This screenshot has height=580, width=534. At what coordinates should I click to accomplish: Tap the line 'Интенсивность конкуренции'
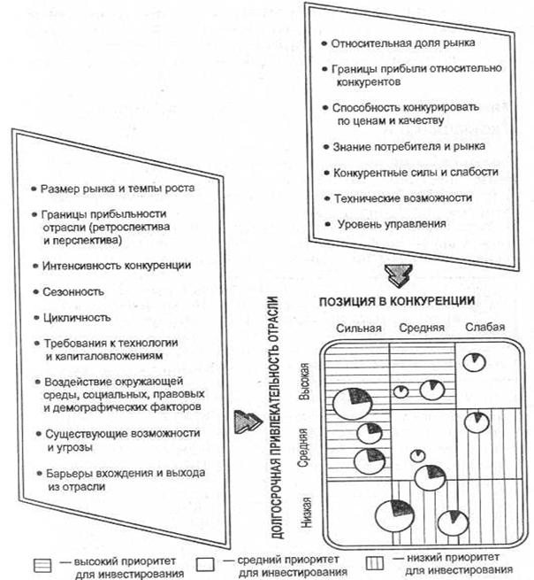[x=116, y=265]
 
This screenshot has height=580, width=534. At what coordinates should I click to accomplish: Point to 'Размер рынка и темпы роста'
[x=118, y=189]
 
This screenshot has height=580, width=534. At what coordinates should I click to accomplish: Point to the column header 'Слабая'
[x=486, y=328]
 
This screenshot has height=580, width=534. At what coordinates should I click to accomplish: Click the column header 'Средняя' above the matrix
[x=423, y=329]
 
